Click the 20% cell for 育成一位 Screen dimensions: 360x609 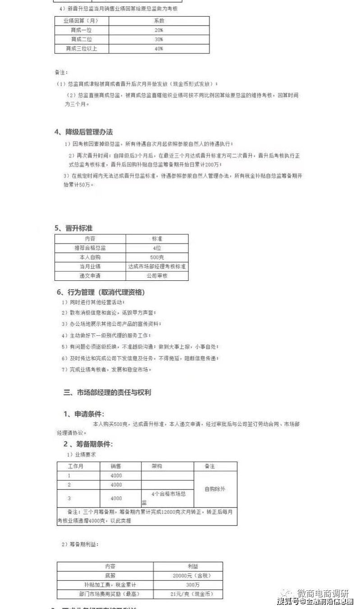(159, 30)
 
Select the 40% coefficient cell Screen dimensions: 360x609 (159, 49)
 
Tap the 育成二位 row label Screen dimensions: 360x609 (82, 39)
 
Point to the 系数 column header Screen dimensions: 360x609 (159, 21)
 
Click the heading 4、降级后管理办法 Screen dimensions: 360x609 (83, 132)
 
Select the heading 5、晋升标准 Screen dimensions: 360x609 (73, 228)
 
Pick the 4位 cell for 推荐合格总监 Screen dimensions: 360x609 (157, 248)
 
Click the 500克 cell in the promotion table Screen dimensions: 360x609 (157, 257)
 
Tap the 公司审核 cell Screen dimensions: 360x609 (157, 276)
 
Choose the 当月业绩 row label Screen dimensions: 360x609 (90, 266)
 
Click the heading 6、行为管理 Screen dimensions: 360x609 (100, 292)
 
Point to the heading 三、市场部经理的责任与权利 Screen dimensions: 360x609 (107, 392)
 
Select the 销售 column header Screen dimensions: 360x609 (116, 466)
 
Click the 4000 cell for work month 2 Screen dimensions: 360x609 (116, 485)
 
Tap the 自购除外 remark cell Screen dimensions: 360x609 (215, 489)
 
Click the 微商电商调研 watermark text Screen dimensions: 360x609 (323, 593)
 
